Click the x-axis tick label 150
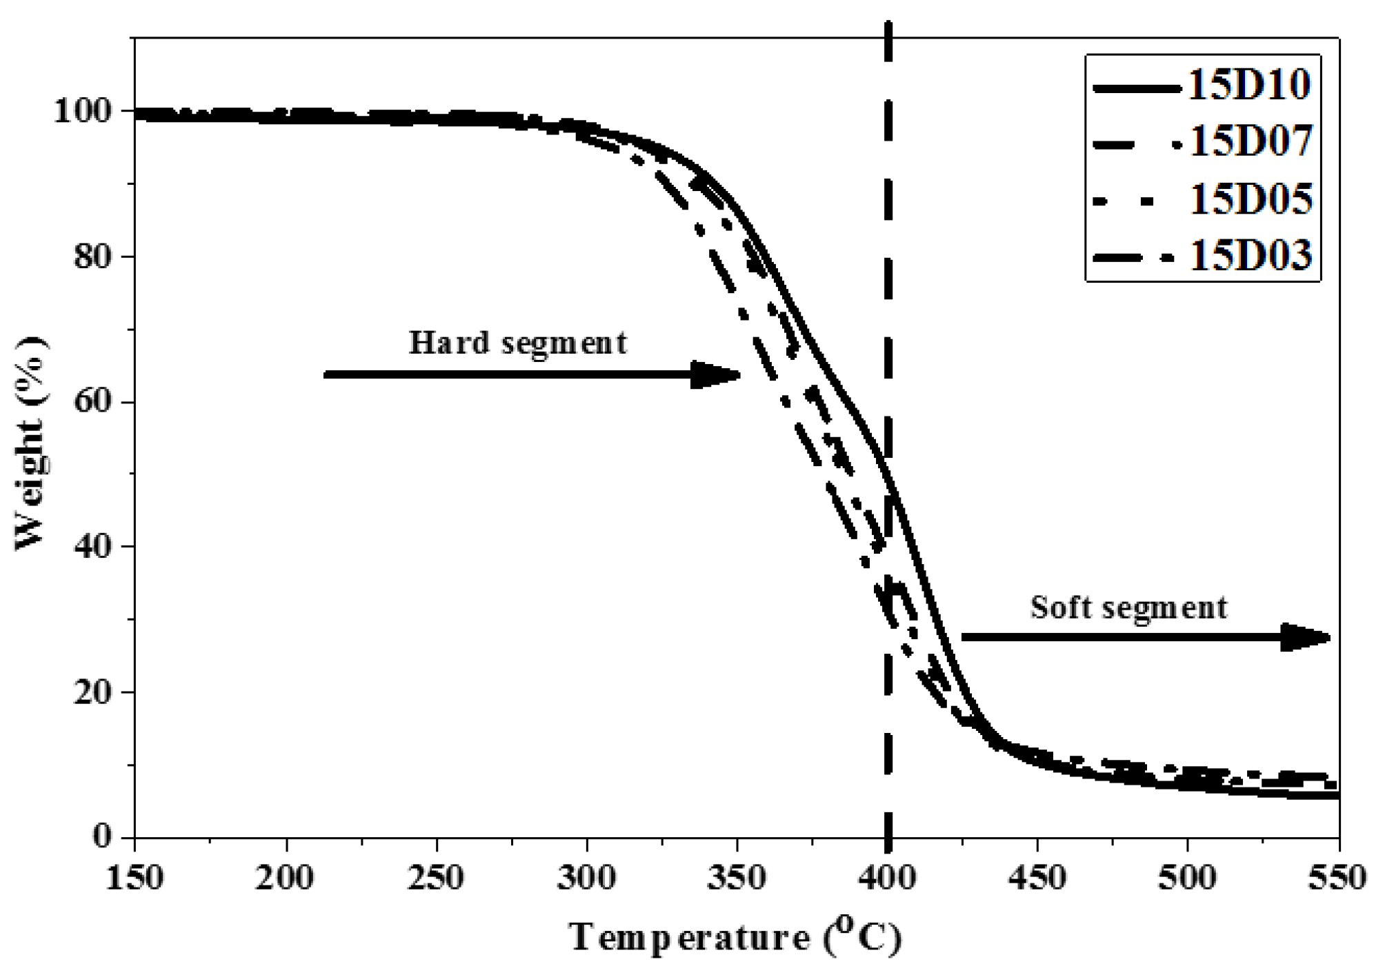point(134,878)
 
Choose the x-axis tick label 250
point(435,878)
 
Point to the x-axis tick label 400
point(888,878)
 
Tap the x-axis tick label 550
point(1337,878)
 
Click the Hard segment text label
point(518,343)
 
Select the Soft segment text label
point(1129,607)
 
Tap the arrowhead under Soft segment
point(1305,637)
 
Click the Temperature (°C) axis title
point(735,936)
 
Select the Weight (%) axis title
point(32,443)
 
